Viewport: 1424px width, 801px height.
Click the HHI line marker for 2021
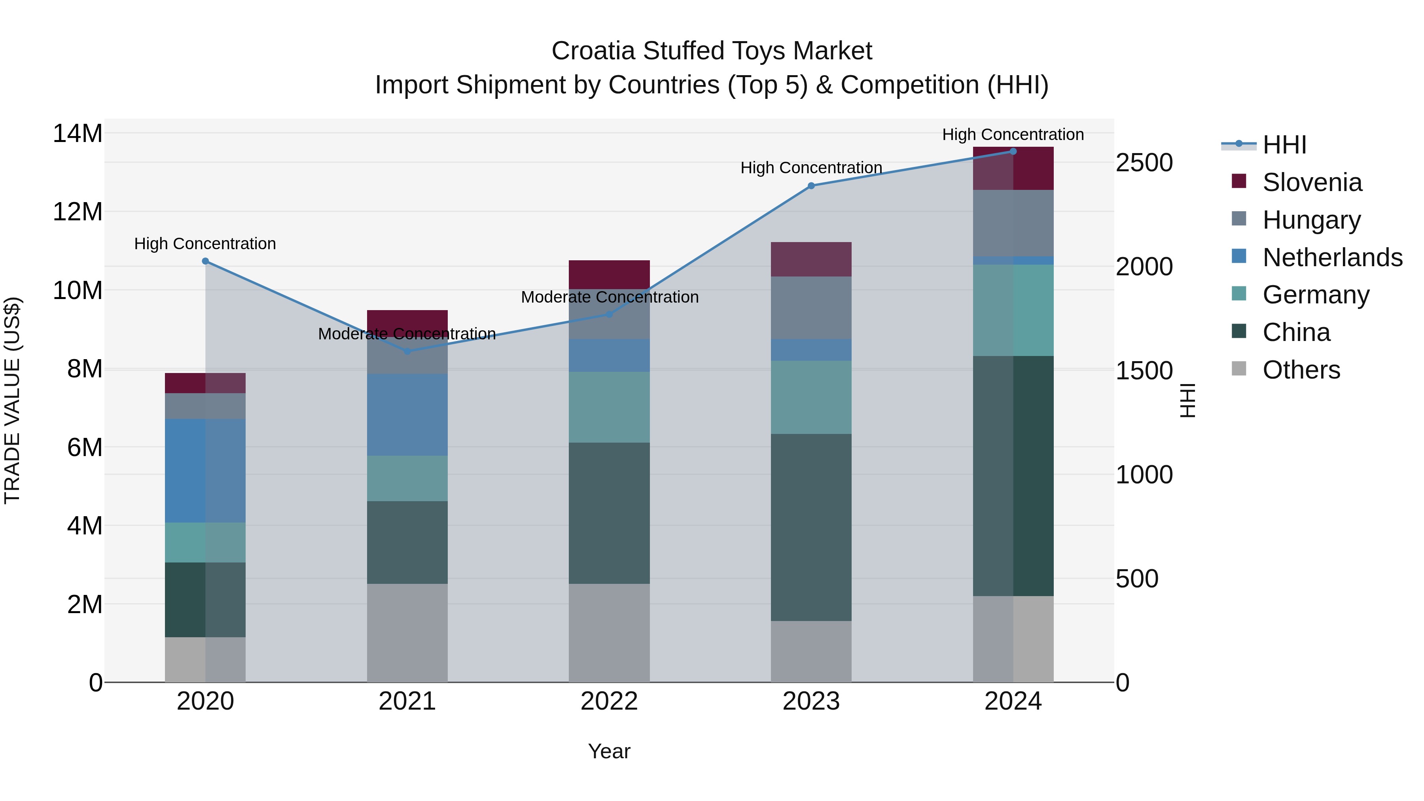[x=407, y=351]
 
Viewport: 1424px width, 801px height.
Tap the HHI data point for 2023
[x=811, y=186]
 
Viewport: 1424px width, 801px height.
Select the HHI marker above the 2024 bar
[x=1013, y=151]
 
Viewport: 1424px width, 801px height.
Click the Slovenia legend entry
[x=1312, y=182]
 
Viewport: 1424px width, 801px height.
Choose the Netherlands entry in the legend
[x=1332, y=258]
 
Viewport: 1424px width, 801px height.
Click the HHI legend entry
[x=1284, y=145]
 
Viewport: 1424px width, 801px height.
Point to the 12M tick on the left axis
[x=78, y=212]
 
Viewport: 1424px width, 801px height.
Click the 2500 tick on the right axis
[x=1144, y=163]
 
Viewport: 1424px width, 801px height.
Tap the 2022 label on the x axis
[x=609, y=701]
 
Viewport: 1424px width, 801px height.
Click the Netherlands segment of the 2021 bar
[x=407, y=415]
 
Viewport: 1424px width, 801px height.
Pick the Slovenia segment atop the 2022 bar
[x=609, y=274]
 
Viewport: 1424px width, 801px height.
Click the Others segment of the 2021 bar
[x=407, y=632]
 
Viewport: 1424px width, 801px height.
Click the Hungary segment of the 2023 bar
[x=811, y=307]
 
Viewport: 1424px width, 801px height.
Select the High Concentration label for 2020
[x=205, y=244]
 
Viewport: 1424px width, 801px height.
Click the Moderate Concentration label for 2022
[x=610, y=297]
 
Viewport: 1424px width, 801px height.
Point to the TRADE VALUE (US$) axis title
[x=13, y=400]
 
